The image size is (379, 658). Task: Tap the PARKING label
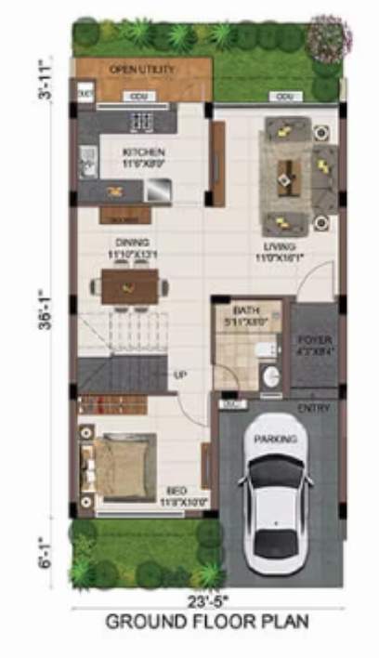(x=278, y=439)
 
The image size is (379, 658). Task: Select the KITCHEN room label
(x=144, y=152)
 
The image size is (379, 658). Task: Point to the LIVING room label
(x=278, y=247)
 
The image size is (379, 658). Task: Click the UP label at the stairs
(x=180, y=375)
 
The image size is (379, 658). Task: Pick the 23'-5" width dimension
(x=207, y=600)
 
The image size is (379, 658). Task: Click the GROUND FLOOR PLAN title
(x=206, y=621)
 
